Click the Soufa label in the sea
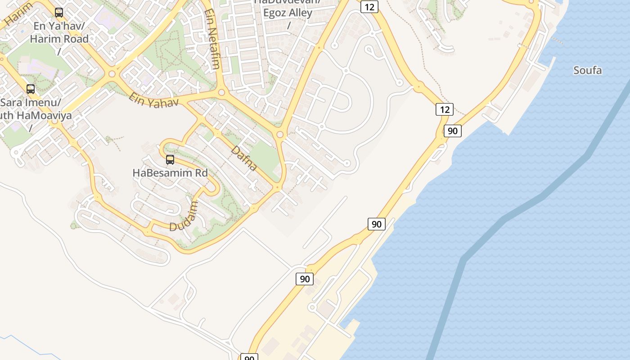coord(587,71)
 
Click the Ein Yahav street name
coord(154,99)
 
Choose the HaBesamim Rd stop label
coord(170,173)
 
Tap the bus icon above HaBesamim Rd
coord(170,159)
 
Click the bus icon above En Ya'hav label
coord(59,13)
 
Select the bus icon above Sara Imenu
coord(31,89)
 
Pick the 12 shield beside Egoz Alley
coord(369,7)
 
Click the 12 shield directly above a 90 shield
coord(445,109)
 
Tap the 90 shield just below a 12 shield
coord(453,131)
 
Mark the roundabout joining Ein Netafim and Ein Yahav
coord(221,93)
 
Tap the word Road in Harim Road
coord(76,39)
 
